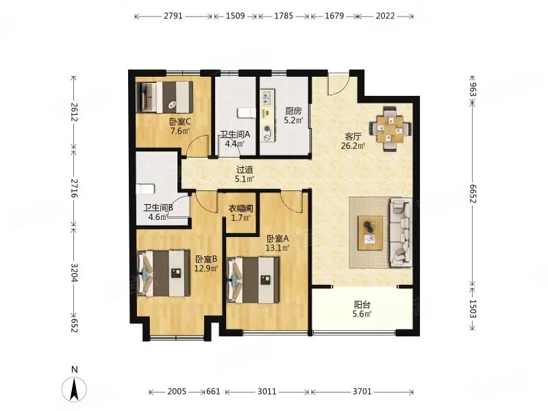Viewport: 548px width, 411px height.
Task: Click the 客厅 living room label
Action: pyautogui.click(x=353, y=136)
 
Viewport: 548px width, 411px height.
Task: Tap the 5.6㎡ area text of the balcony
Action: pyautogui.click(x=362, y=314)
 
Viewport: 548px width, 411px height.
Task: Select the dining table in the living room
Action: pyautogui.click(x=390, y=129)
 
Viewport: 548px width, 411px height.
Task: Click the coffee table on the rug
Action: pyautogui.click(x=370, y=233)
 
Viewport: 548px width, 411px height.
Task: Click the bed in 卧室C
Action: pyautogui.click(x=164, y=97)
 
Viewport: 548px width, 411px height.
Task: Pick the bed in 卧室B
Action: pyautogui.click(x=164, y=273)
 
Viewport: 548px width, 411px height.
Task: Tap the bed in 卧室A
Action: pyautogui.click(x=253, y=280)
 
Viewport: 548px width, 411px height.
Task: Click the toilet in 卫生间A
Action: pyautogui.click(x=247, y=113)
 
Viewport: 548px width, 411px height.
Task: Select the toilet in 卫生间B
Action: pyautogui.click(x=145, y=189)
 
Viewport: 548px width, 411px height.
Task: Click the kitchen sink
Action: pyautogui.click(x=267, y=97)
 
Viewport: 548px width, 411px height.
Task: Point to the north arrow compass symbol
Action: pyautogui.click(x=74, y=388)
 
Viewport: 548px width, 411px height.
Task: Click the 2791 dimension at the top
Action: pyautogui.click(x=173, y=16)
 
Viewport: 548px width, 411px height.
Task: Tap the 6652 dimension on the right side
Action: pyautogui.click(x=473, y=194)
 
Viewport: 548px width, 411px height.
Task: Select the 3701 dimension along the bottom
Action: pyautogui.click(x=362, y=391)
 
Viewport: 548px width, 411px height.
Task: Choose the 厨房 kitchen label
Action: pyautogui.click(x=293, y=112)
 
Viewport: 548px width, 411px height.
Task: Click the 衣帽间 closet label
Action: pyautogui.click(x=241, y=209)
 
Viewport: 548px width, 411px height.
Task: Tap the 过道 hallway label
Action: pyautogui.click(x=245, y=170)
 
